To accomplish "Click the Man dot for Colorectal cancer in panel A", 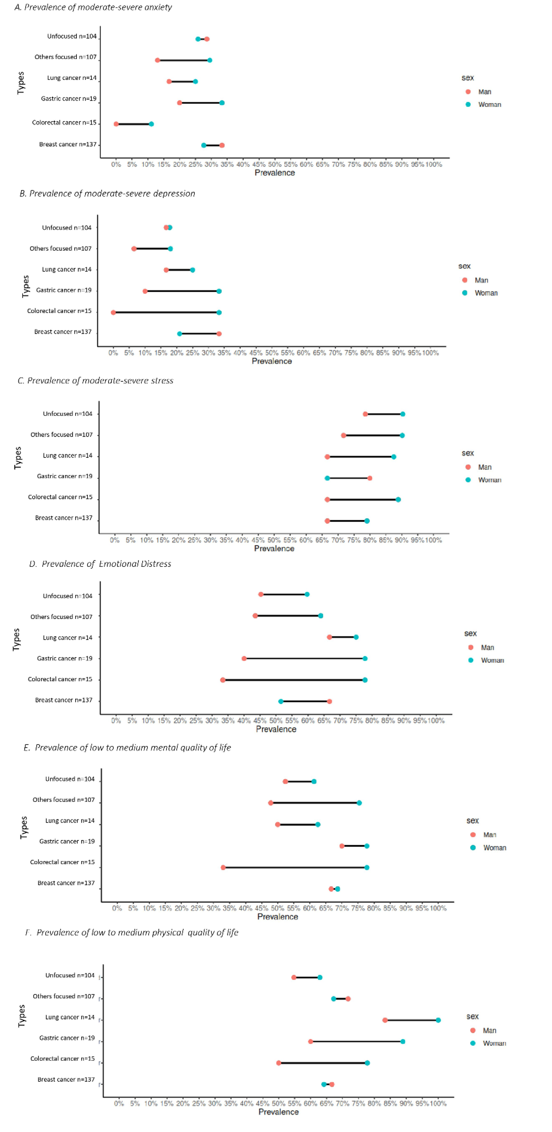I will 116,124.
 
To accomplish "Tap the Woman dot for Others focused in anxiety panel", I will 210,60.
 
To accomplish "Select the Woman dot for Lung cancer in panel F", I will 438,1020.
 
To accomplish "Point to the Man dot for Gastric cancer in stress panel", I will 370,478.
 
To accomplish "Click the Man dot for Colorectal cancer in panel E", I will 223,867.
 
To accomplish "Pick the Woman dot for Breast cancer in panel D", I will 281,701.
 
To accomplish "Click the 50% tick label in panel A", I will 275,164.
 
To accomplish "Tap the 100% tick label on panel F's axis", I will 438,1103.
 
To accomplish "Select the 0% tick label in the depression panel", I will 113,353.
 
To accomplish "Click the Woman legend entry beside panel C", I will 489,480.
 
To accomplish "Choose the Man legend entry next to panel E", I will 489,835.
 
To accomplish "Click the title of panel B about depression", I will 107,194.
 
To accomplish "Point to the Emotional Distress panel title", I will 100,564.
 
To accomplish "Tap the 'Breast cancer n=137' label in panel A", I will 68,144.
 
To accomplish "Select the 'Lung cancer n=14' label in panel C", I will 68,456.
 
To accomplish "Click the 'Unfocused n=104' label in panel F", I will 70,975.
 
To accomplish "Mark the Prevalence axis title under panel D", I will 276,729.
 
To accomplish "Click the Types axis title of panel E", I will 24,828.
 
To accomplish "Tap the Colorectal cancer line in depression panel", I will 166,312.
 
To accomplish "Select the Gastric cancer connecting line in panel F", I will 356,1041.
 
